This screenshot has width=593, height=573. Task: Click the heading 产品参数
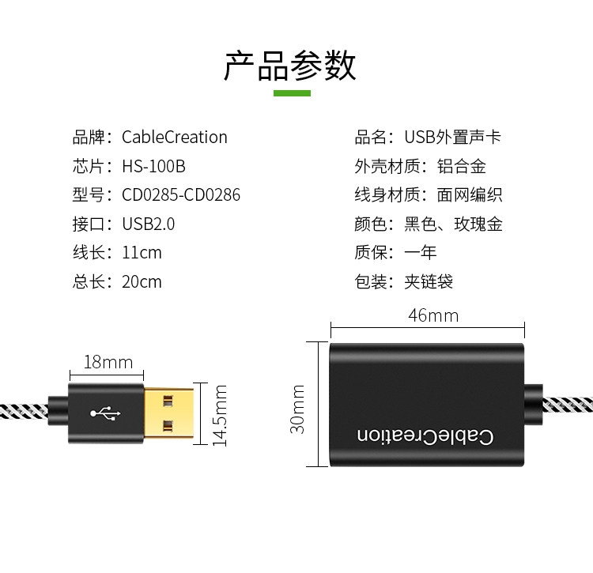pyautogui.click(x=289, y=66)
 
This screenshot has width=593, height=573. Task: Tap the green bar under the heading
pyautogui.click(x=292, y=93)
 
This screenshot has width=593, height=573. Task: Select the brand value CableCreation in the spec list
pyautogui.click(x=174, y=137)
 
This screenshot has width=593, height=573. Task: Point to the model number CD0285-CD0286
pyautogui.click(x=181, y=194)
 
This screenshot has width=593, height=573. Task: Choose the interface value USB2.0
pyautogui.click(x=148, y=224)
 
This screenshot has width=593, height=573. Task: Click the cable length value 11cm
pyautogui.click(x=142, y=253)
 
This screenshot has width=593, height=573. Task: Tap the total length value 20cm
pyautogui.click(x=142, y=281)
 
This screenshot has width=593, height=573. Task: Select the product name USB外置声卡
pyautogui.click(x=452, y=137)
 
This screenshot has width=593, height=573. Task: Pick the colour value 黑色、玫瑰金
pyautogui.click(x=453, y=224)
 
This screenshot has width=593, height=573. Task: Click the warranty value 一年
pyautogui.click(x=420, y=253)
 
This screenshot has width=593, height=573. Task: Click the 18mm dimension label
pyautogui.click(x=108, y=362)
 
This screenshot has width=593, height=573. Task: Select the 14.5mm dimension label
pyautogui.click(x=221, y=415)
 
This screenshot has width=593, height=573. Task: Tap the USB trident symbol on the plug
pyautogui.click(x=105, y=413)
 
